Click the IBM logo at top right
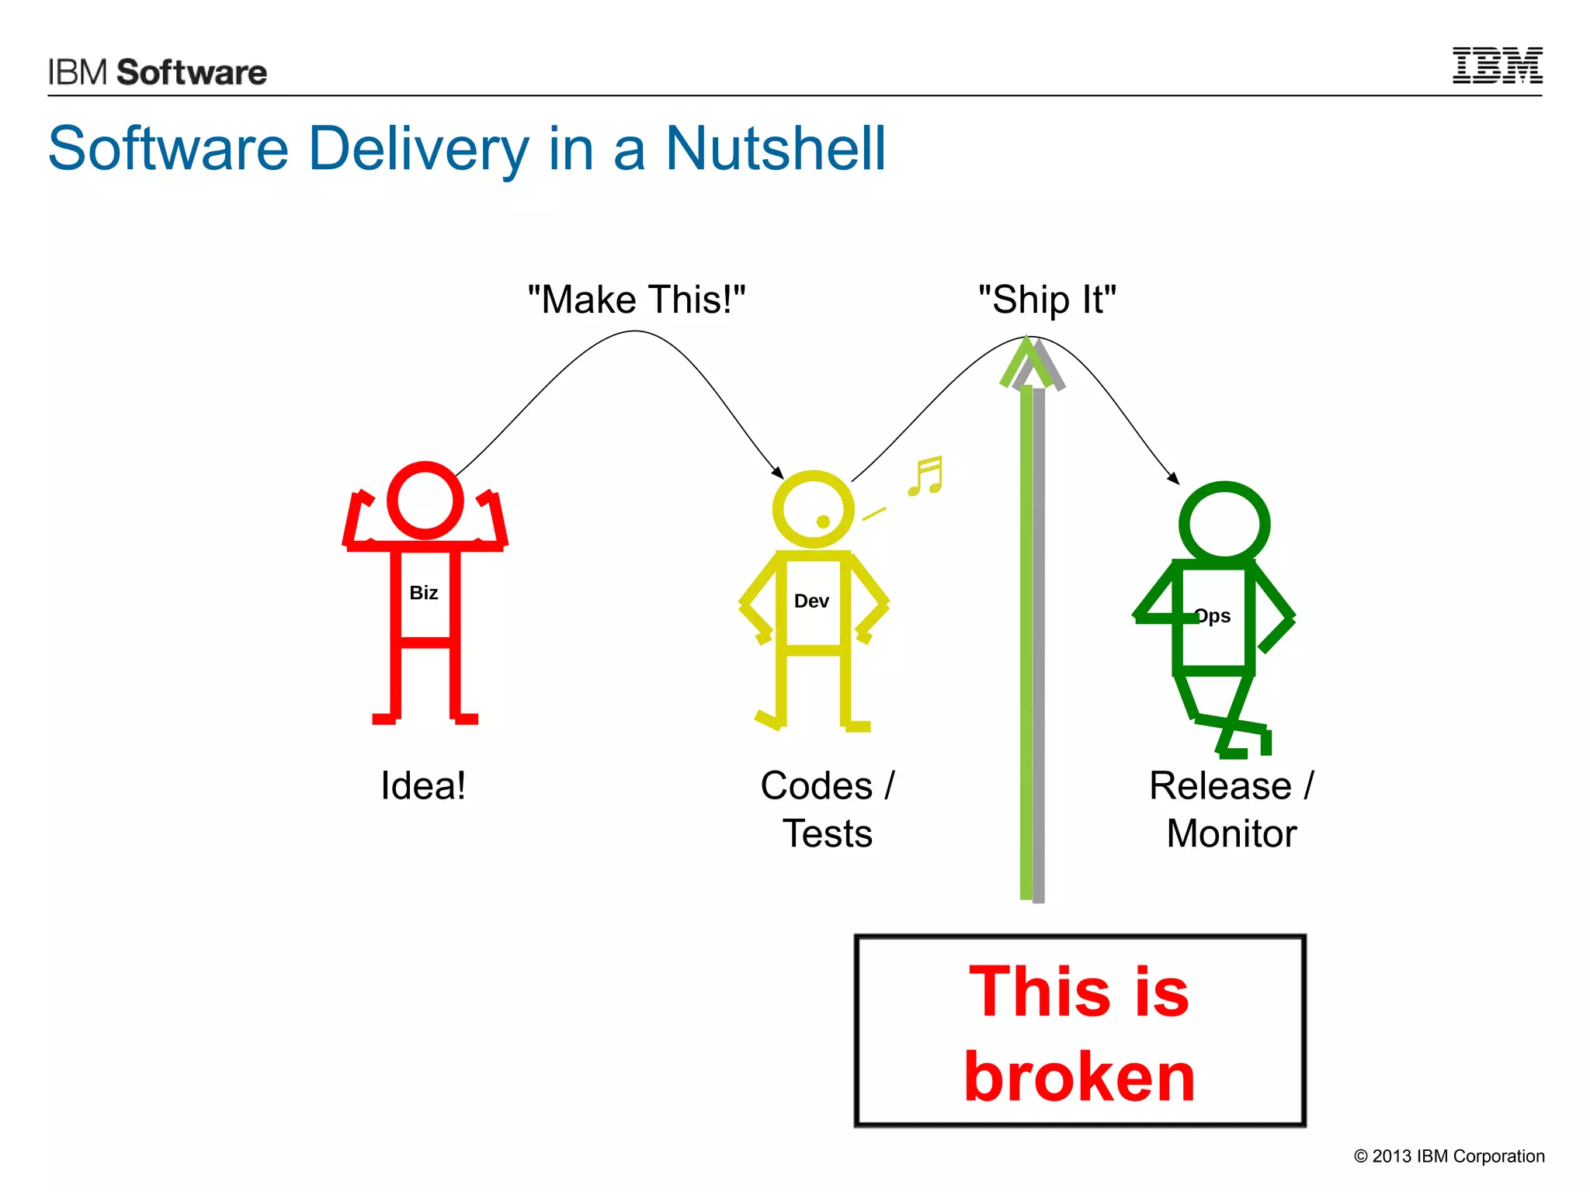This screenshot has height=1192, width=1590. (x=1497, y=66)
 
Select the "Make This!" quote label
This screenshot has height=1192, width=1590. (x=636, y=300)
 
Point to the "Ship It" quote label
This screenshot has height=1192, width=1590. (x=1047, y=300)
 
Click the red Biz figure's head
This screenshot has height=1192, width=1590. (x=425, y=501)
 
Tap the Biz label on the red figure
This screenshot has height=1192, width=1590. (x=424, y=593)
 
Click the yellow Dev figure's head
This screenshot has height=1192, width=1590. (x=812, y=509)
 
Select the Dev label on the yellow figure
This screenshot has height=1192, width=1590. (x=811, y=601)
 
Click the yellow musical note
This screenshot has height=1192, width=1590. (x=925, y=476)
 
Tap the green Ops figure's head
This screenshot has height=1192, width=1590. (x=1224, y=525)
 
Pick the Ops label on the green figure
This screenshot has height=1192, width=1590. (x=1213, y=616)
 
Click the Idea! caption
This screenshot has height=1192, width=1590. (x=423, y=785)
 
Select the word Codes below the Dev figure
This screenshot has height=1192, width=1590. (x=817, y=785)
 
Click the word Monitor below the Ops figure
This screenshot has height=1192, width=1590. (x=1231, y=834)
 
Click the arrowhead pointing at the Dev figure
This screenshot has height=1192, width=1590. (x=778, y=473)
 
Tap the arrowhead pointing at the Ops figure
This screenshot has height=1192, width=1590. (x=1174, y=479)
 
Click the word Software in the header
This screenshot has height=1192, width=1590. (x=192, y=72)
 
